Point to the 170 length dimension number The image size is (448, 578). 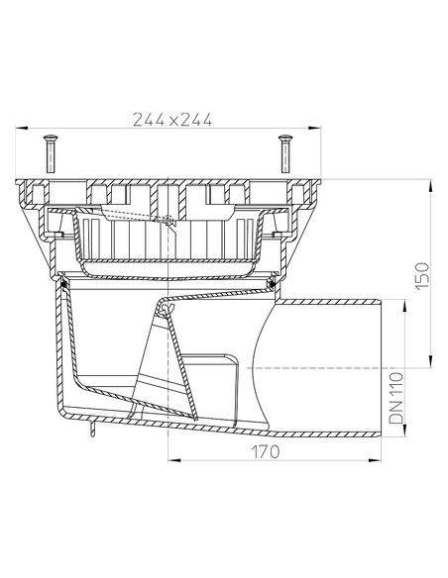pos(264,450)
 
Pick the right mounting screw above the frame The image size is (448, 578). pos(284,153)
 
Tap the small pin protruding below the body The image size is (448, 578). pos(90,429)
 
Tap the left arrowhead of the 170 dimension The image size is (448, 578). pos(171,460)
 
